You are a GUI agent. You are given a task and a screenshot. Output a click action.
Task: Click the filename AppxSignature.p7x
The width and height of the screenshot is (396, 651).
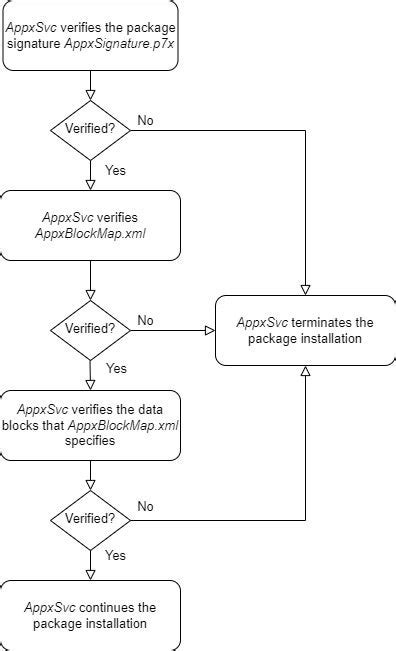[120, 45]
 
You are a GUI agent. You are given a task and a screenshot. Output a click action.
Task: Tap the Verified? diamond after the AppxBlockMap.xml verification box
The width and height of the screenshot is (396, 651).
[90, 327]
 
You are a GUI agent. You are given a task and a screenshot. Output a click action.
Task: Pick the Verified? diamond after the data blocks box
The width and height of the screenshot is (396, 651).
[90, 518]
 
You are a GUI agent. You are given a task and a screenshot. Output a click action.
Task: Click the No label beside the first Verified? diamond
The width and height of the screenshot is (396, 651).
[145, 120]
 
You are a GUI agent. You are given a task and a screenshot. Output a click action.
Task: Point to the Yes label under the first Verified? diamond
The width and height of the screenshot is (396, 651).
[116, 170]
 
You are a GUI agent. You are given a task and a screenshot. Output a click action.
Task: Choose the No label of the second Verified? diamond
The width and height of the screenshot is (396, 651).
[145, 320]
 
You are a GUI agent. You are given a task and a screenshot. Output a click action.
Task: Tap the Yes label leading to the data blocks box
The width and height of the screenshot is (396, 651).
[116, 368]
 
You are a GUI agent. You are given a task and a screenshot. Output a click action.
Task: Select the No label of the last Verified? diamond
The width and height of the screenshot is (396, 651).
[145, 506]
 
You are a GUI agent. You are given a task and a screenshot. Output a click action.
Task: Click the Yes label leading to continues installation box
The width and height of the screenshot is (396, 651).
[116, 554]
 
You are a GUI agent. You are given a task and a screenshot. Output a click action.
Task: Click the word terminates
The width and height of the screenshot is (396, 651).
[322, 322]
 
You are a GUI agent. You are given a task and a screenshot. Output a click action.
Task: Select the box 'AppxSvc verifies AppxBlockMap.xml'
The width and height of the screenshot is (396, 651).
[90, 225]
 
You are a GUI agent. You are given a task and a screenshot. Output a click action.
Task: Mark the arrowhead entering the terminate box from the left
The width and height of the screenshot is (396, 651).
[210, 328]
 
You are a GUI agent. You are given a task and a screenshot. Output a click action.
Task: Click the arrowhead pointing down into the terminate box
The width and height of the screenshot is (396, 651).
[304, 289]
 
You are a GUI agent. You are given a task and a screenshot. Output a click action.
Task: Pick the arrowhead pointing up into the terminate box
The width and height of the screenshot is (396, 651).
[304, 371]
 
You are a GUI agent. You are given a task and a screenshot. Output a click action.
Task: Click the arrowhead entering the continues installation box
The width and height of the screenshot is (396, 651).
[90, 574]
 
